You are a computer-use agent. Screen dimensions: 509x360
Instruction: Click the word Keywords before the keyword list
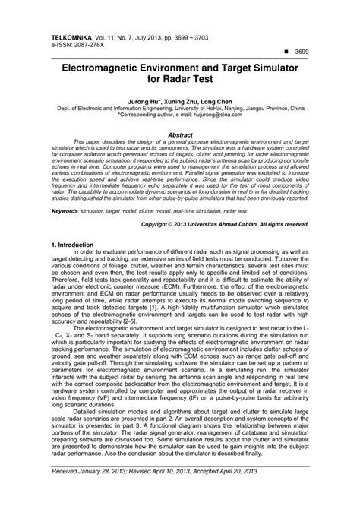click(x=67, y=210)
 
